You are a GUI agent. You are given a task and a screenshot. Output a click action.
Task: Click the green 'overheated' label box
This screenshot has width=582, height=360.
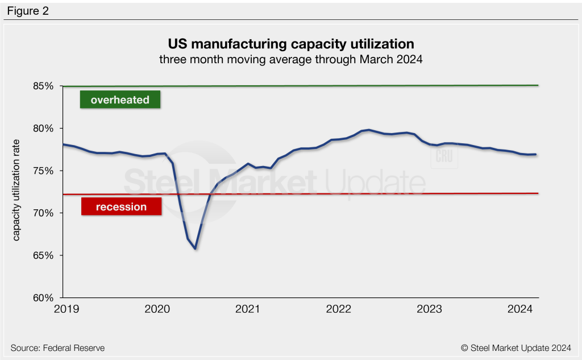click(x=120, y=100)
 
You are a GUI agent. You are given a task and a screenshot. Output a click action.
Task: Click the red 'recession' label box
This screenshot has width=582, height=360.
click(x=121, y=206)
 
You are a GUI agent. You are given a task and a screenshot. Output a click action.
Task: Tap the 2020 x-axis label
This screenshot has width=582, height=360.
click(x=157, y=309)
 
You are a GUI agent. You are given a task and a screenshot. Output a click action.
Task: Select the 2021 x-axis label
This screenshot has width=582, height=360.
click(x=248, y=309)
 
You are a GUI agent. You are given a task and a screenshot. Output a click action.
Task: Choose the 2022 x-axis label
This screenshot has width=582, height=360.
click(x=339, y=309)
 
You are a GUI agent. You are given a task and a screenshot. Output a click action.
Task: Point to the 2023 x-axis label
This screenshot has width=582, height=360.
click(x=429, y=309)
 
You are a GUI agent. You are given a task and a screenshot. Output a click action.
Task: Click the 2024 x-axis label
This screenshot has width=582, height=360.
click(x=519, y=309)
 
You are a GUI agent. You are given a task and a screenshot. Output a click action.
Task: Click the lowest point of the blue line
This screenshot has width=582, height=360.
click(x=195, y=249)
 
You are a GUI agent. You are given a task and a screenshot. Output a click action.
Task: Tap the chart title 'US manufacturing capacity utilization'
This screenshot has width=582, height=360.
click(x=290, y=44)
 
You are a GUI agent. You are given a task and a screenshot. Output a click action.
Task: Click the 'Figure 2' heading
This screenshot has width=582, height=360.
click(x=28, y=11)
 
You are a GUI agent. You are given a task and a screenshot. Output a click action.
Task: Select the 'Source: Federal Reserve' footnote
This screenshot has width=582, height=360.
click(x=57, y=347)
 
